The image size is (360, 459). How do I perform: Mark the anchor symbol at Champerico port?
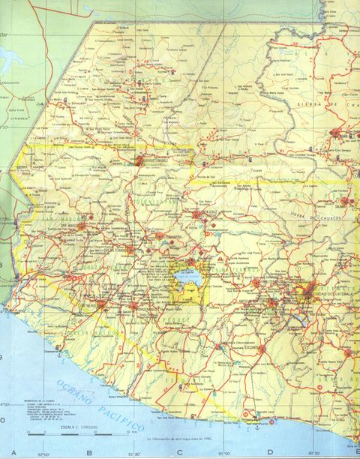56,351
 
